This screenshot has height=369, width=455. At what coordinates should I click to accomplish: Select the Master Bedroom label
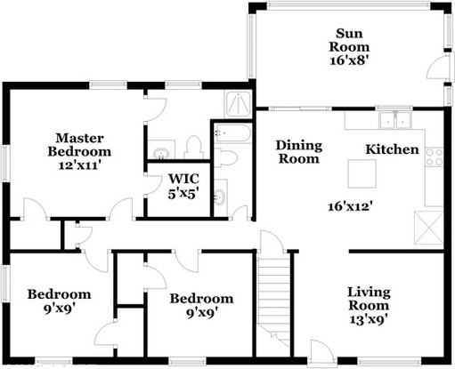[x=81, y=145]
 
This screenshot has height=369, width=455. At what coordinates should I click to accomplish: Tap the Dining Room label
[x=297, y=152]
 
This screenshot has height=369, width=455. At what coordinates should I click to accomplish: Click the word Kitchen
[x=393, y=149]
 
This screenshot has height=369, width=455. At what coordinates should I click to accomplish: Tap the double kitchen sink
[x=391, y=120]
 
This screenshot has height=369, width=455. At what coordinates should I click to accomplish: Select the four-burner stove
[x=435, y=157]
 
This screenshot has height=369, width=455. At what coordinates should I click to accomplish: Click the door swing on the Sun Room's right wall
[x=437, y=69]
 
